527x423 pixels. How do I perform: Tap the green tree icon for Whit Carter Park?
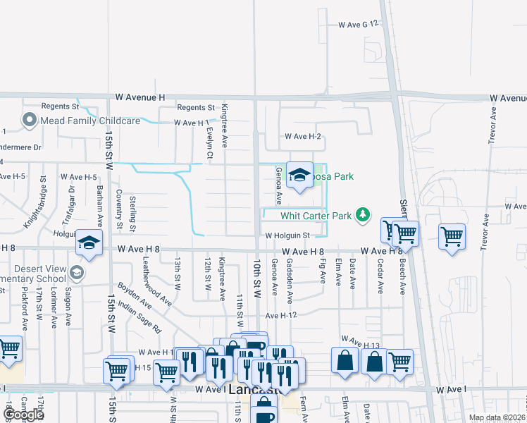(x=362, y=214)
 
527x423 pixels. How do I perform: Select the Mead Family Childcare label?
(x=89, y=121)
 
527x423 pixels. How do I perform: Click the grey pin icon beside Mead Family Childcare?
(x=29, y=120)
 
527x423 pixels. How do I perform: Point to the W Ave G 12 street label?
(x=359, y=24)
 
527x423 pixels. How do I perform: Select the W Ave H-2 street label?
(x=303, y=137)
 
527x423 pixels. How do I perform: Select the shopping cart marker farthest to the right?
(x=452, y=237)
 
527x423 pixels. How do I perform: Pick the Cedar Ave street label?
(x=380, y=278)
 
